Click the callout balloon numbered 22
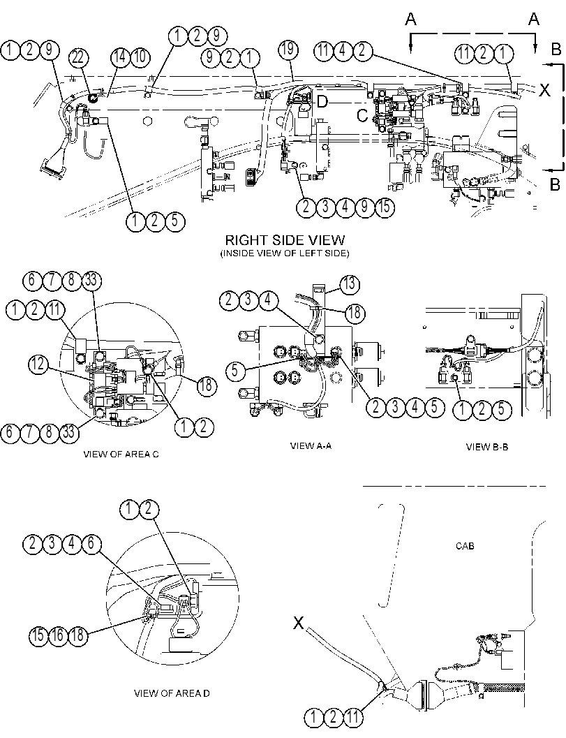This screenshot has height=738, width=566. [79, 58]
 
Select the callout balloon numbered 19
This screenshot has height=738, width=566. [288, 48]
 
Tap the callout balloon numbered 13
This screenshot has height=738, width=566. [349, 284]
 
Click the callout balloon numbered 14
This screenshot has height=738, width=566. [120, 57]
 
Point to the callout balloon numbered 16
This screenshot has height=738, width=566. [58, 635]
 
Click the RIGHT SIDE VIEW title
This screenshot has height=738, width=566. [285, 240]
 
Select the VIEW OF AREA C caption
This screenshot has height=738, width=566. [121, 455]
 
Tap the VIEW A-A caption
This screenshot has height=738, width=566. [311, 445]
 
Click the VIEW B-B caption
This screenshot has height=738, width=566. [487, 446]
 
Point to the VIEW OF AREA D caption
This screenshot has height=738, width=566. [172, 693]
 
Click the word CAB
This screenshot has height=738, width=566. [465, 546]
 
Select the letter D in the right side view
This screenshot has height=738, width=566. [322, 101]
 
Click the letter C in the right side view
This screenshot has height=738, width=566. [362, 115]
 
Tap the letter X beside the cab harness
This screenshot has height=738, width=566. [298, 623]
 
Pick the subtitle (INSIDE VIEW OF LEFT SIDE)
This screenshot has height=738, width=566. [285, 253]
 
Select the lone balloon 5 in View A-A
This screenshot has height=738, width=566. [235, 371]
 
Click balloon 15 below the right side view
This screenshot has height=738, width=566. [385, 207]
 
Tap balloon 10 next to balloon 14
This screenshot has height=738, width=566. [140, 57]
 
